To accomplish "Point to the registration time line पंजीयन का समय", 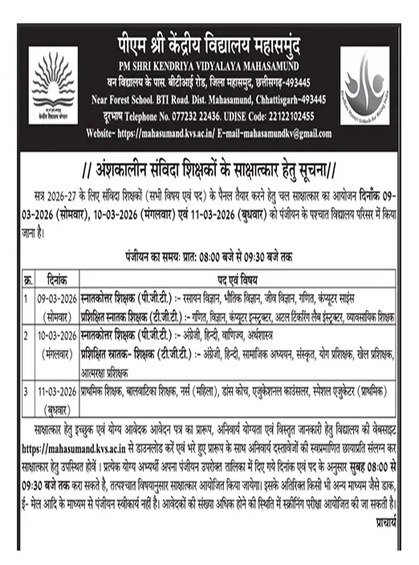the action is click(x=210, y=258).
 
